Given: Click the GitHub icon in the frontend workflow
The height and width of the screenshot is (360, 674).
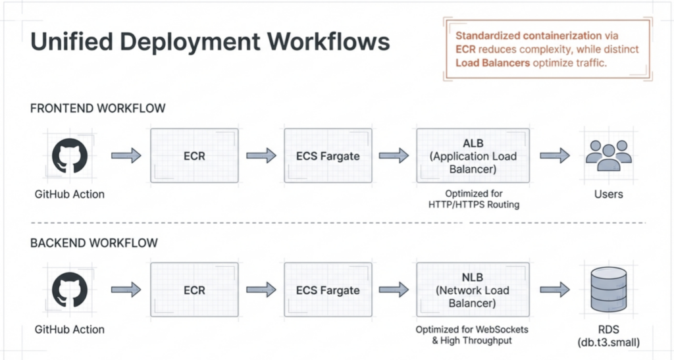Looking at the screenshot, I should (69, 156).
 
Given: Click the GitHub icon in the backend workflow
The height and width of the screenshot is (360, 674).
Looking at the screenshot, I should (69, 290).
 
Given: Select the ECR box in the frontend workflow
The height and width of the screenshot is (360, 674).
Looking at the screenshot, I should (194, 156).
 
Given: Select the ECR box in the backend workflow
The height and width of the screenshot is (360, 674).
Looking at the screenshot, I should (194, 290).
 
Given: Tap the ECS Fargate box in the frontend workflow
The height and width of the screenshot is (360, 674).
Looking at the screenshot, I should (328, 156).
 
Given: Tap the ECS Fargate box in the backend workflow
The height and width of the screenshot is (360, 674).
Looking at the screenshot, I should (328, 290).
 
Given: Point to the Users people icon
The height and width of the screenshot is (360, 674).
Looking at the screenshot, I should (608, 156).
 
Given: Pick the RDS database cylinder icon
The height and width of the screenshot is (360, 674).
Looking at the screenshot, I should (608, 290).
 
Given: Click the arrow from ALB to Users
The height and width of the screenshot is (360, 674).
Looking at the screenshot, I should (555, 156).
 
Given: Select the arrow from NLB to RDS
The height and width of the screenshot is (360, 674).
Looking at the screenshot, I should (555, 290).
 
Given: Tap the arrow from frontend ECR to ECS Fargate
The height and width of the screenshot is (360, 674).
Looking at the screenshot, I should (261, 156).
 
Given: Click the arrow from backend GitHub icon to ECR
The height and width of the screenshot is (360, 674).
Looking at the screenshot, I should (126, 290).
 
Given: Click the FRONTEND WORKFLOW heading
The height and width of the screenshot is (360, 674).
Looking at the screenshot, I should (97, 109).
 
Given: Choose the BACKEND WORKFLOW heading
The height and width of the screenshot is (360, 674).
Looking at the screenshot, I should (94, 243).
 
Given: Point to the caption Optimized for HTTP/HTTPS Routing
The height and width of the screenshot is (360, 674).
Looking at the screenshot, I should (473, 199).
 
